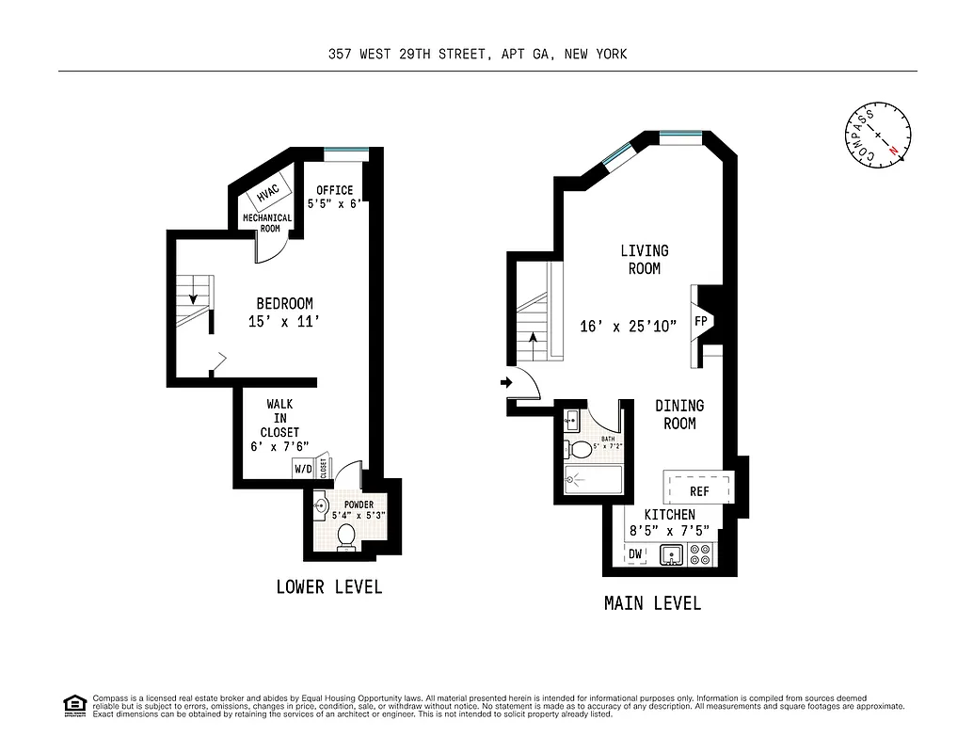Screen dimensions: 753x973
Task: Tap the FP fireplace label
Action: (x=701, y=322)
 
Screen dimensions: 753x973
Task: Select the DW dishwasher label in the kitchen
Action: (x=635, y=554)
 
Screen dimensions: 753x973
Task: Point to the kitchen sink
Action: (x=670, y=554)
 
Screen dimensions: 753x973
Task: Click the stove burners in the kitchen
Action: (x=701, y=554)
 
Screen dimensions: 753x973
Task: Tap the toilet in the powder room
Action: (x=345, y=536)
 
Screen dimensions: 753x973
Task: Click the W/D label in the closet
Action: (x=304, y=468)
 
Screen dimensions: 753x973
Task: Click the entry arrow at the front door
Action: (x=506, y=382)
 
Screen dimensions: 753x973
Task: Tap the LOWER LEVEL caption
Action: (x=329, y=587)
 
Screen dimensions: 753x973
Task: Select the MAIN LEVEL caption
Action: (x=652, y=603)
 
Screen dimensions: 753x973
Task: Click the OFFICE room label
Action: (x=334, y=190)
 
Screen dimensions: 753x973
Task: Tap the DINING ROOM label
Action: (x=679, y=415)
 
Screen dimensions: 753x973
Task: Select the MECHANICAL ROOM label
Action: (x=267, y=223)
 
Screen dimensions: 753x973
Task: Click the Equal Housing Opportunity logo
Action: (x=73, y=704)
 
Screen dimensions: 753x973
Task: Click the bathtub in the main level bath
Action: (x=593, y=479)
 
